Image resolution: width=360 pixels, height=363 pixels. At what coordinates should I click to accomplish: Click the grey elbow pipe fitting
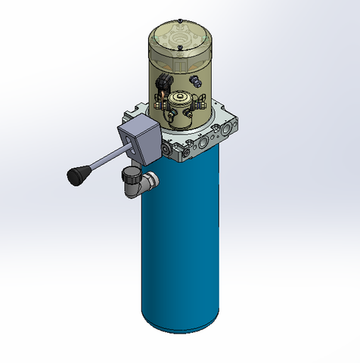pos(135,184)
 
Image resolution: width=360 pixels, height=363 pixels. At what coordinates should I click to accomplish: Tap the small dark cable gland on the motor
pos(197,79)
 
